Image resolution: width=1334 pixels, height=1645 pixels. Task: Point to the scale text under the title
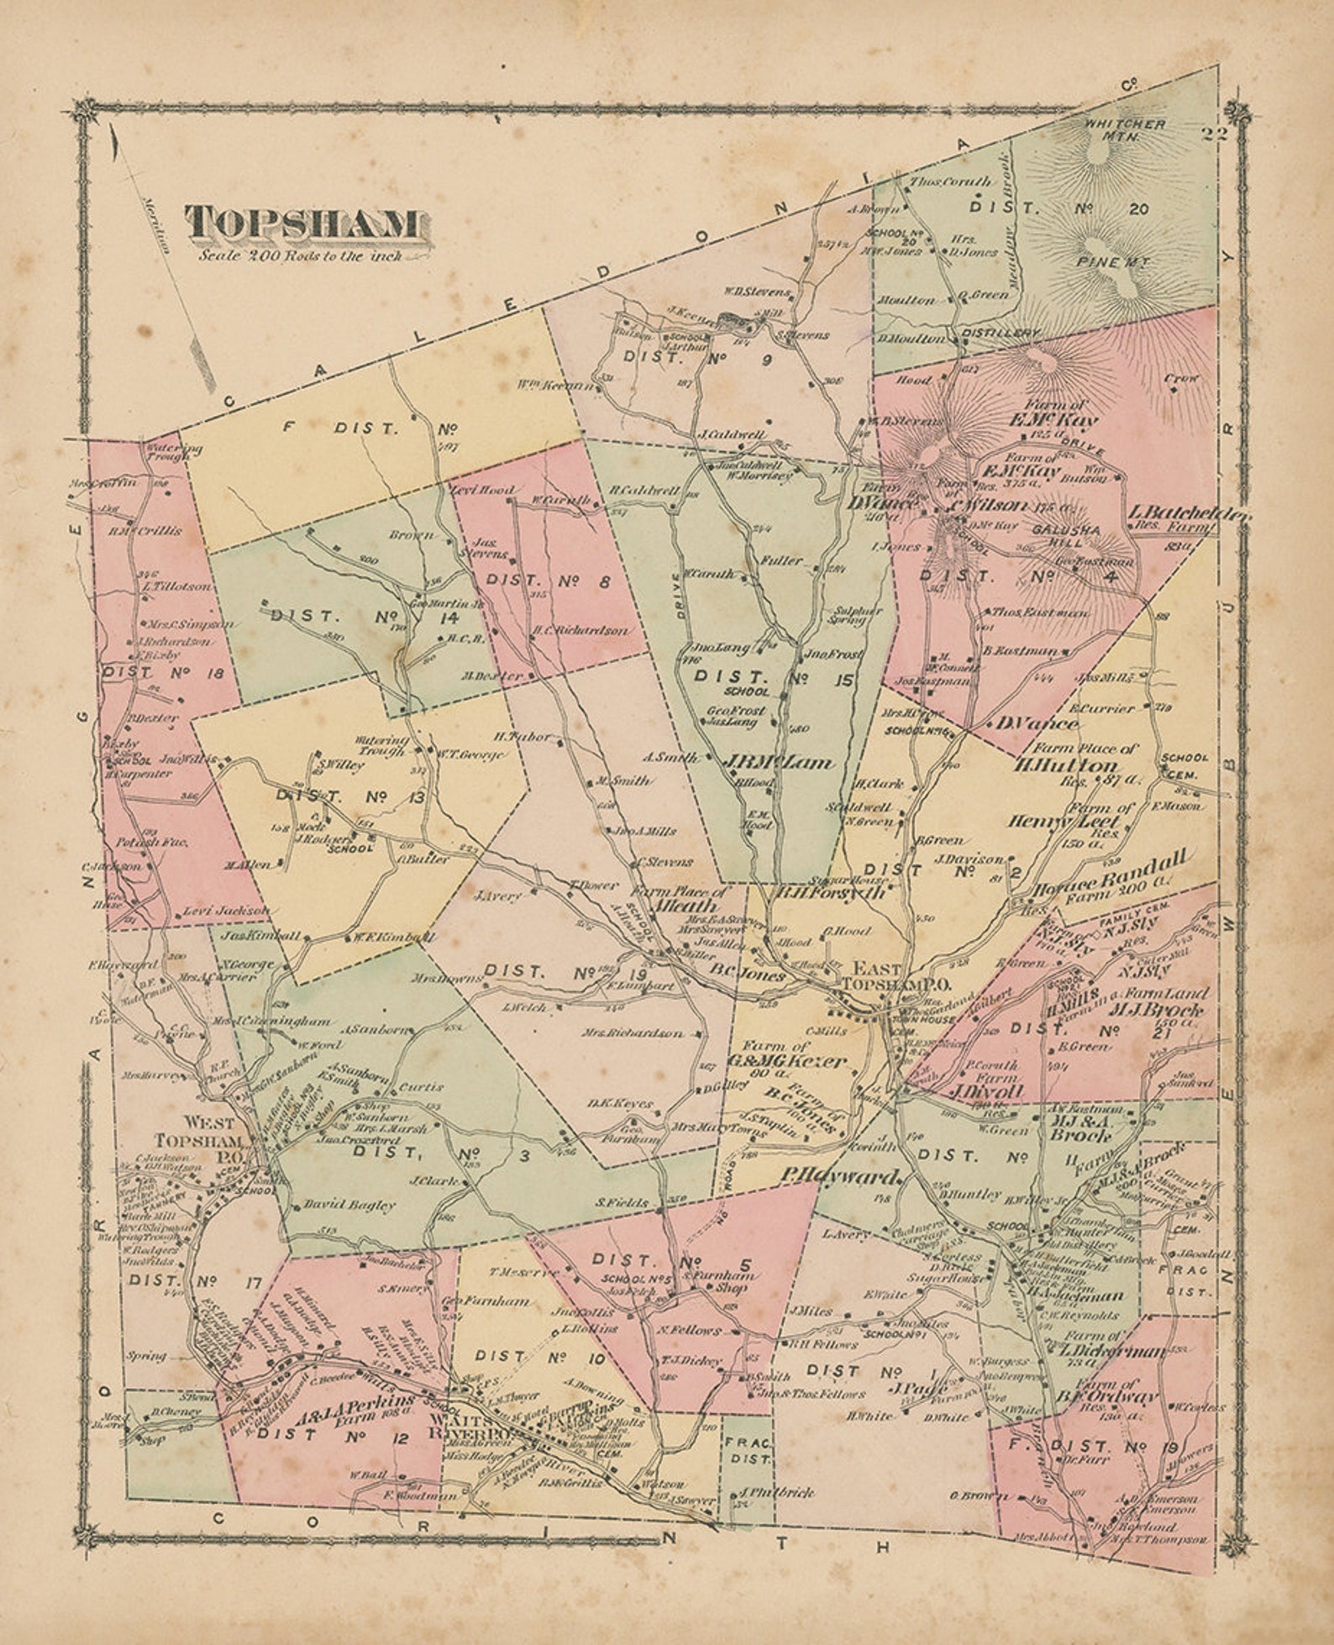[x=300, y=255]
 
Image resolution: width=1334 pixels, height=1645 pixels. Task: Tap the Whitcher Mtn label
[x=1124, y=129]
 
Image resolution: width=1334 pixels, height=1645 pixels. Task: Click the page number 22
[x=1215, y=133]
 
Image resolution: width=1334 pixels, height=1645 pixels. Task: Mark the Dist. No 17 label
[x=195, y=1282]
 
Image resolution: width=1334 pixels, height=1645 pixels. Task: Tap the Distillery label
[x=1000, y=334]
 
